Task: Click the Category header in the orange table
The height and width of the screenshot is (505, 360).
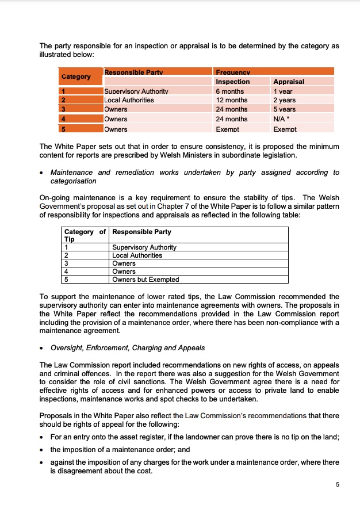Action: pyautogui.click(x=76, y=76)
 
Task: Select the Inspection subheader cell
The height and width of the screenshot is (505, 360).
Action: pyautogui.click(x=232, y=82)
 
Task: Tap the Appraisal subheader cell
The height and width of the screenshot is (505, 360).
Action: pyautogui.click(x=289, y=82)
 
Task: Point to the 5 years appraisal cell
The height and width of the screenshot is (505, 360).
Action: pyautogui.click(x=284, y=109)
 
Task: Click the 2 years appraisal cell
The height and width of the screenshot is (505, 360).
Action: pyautogui.click(x=284, y=100)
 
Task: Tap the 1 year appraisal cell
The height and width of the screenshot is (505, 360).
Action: pyautogui.click(x=283, y=91)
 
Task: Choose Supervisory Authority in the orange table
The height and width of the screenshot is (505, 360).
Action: pyautogui.click(x=136, y=91)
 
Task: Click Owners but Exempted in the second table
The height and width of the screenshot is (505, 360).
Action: pyautogui.click(x=145, y=280)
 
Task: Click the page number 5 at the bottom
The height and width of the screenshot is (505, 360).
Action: pyautogui.click(x=338, y=484)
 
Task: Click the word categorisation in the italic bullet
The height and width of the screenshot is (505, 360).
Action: pyautogui.click(x=73, y=181)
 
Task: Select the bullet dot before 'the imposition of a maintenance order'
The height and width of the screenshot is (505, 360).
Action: pyautogui.click(x=43, y=450)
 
